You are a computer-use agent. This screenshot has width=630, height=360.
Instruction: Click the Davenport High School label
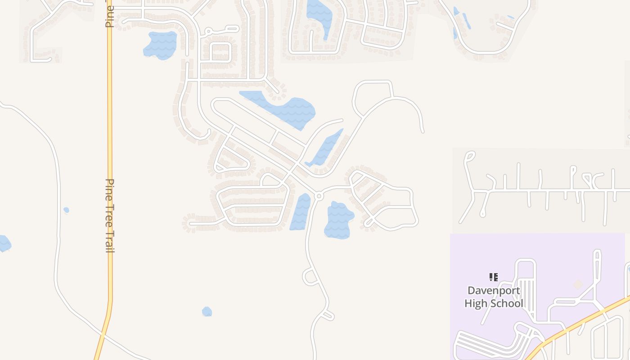coord(494,297)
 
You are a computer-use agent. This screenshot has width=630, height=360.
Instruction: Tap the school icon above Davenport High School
coord(494,277)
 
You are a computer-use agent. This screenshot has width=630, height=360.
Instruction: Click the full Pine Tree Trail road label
coord(109,216)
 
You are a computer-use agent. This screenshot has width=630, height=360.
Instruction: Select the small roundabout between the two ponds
coord(319,196)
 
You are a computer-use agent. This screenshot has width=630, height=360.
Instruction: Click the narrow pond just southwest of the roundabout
coord(300,211)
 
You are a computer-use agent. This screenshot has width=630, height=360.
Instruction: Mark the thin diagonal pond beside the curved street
coord(325,149)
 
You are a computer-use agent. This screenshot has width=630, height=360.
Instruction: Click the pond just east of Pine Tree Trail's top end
coord(160,45)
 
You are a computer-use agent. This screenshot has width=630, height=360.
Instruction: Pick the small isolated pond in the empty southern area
coord(207,311)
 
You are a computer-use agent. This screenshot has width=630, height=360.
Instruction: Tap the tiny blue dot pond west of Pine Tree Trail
coord(66,210)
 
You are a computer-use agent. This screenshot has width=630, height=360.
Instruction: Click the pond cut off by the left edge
coord(4,243)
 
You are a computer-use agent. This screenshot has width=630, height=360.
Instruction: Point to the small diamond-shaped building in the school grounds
coord(577,284)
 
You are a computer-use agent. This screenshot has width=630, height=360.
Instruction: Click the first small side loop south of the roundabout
coord(310,276)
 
